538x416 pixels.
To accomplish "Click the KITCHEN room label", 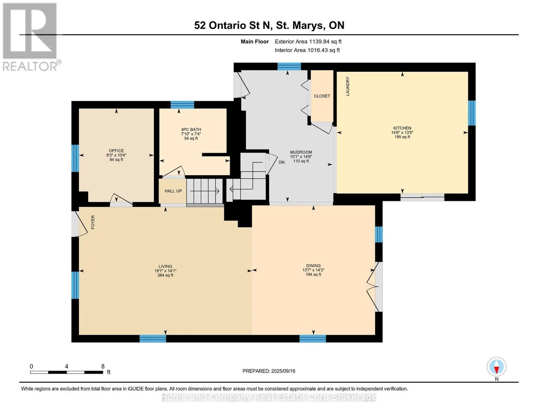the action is click(402, 128).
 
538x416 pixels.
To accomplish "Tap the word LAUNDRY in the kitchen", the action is click(347, 86).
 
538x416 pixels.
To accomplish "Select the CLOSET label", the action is click(322, 96).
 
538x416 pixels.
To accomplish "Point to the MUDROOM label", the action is click(301, 152).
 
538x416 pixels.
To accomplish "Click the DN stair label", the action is click(282, 162).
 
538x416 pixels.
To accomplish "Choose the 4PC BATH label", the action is click(191, 129).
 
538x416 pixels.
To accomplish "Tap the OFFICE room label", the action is click(116, 151).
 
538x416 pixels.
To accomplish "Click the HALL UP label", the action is click(173, 191).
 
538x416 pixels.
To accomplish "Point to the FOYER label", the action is click(93, 222).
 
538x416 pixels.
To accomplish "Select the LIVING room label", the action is click(165, 266).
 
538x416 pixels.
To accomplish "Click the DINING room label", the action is click(313, 266).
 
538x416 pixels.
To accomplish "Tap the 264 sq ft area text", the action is click(165, 275).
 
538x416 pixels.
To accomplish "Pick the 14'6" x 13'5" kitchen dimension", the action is click(402, 132).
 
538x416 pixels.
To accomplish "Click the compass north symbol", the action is click(496, 367).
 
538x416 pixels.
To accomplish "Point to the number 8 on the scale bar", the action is click(103, 366).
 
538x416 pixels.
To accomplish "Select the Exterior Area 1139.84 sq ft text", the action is click(308, 42).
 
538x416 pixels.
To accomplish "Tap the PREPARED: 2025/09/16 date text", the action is click(269, 371).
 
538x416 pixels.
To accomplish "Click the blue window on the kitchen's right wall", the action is click(471, 113).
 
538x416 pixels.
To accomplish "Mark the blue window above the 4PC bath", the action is click(182, 105).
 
